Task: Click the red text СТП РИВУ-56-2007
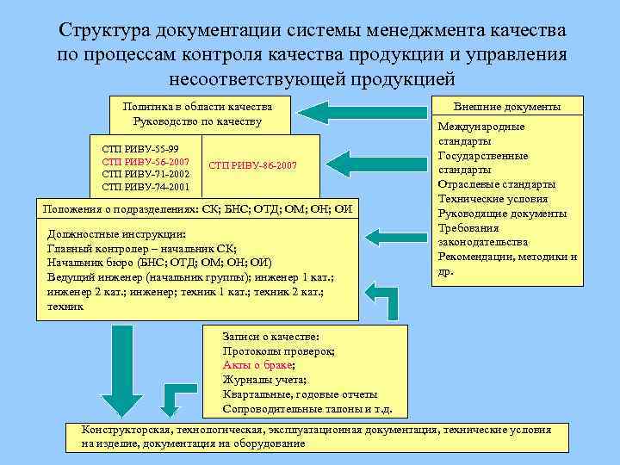coord(146,161)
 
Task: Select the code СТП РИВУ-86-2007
coord(252,163)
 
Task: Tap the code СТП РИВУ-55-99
coord(140,148)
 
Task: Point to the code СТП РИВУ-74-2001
coord(146,186)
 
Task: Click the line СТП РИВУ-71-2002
coord(146,174)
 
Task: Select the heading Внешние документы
coord(507,107)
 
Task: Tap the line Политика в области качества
coord(197,106)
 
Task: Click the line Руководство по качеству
coord(197,121)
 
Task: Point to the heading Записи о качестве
coord(271,337)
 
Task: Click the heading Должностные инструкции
coord(116,233)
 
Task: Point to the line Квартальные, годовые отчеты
coord(300,394)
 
